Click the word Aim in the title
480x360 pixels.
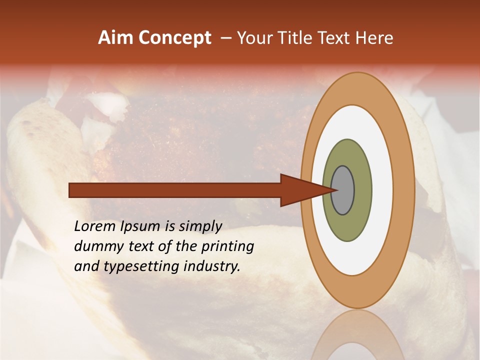pyautogui.click(x=116, y=38)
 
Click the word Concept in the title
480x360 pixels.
pyautogui.click(x=175, y=38)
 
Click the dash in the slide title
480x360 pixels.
pyautogui.click(x=225, y=38)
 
